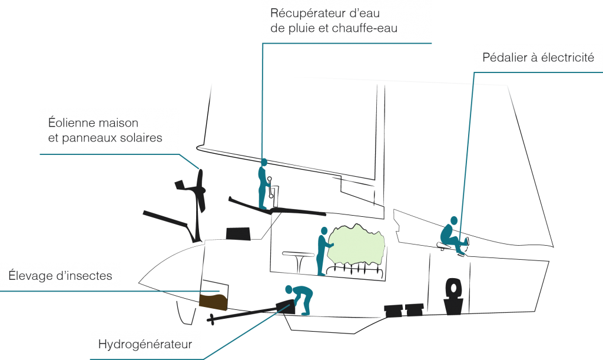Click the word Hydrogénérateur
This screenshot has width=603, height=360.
(145, 344)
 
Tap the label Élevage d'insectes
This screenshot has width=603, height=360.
(61, 276)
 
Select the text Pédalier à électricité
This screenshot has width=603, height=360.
(538, 58)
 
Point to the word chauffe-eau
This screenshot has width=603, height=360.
(364, 28)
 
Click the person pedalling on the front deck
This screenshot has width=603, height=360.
(454, 236)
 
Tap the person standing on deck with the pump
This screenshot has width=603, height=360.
(263, 184)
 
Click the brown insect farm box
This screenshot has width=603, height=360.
(213, 302)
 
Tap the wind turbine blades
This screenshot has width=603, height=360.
(200, 190)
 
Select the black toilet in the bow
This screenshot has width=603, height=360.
(453, 296)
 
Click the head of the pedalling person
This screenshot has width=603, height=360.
(454, 220)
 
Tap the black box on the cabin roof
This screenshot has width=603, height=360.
(238, 233)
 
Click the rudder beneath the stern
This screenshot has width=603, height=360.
(185, 312)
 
